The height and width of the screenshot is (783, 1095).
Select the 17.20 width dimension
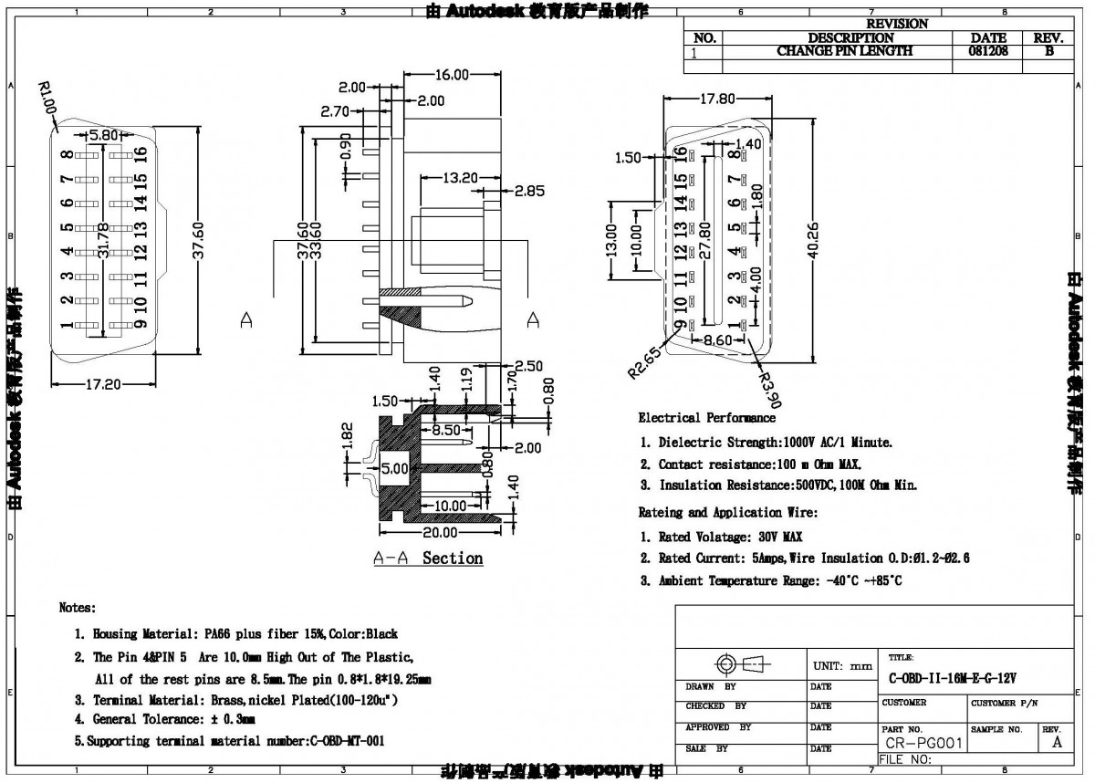tap(103, 385)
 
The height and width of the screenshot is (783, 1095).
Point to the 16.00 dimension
tap(451, 74)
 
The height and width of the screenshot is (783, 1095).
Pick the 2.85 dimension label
tap(530, 191)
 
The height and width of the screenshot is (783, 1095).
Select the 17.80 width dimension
tap(716, 99)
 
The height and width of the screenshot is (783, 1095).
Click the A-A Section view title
tap(428, 558)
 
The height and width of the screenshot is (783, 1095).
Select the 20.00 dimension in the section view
tap(439, 532)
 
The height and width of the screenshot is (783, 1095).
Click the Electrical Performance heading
tap(706, 418)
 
